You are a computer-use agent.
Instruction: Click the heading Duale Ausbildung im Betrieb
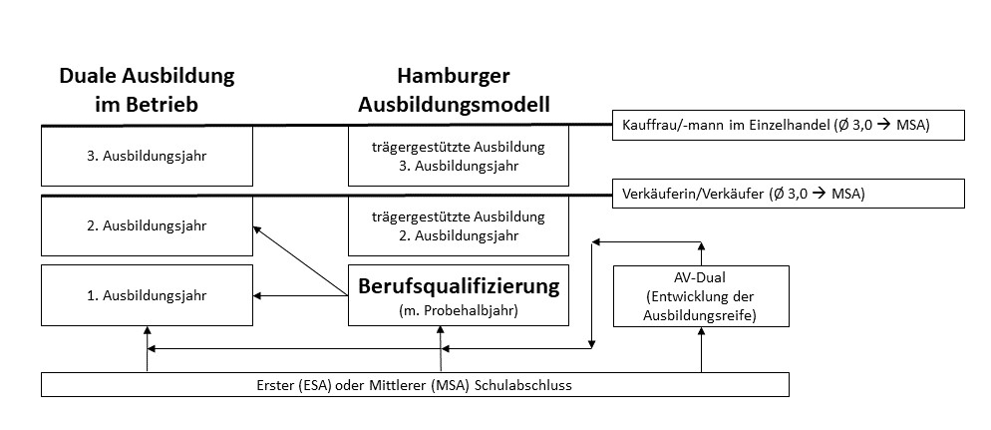(147, 89)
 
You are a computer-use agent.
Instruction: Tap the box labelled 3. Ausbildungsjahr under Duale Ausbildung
(147, 156)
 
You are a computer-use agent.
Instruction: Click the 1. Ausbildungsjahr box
(147, 294)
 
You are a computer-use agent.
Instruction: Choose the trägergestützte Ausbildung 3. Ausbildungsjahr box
(458, 156)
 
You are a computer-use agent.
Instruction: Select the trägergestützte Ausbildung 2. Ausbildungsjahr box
(458, 225)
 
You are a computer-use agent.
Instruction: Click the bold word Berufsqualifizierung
(458, 287)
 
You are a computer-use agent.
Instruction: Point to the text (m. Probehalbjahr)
(458, 311)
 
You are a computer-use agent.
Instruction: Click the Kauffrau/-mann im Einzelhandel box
(788, 125)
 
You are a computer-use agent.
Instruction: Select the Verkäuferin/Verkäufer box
(788, 194)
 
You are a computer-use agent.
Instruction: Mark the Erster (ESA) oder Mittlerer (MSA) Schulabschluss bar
(416, 384)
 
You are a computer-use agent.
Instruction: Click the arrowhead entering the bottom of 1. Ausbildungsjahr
(147, 331)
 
